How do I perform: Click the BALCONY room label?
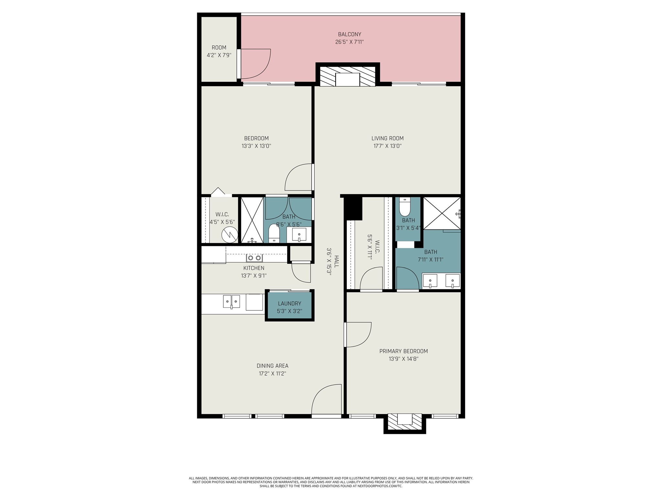tap(349, 34)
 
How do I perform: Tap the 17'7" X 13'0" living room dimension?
tap(387, 146)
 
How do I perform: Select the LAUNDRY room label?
tap(289, 304)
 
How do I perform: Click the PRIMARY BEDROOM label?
tap(403, 351)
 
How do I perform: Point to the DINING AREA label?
tap(272, 366)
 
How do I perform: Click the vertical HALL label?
tap(336, 261)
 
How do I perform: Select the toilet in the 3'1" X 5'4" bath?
tap(405, 207)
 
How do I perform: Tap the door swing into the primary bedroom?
tap(358, 335)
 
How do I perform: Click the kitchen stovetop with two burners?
tap(254, 258)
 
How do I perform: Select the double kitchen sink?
tap(231, 302)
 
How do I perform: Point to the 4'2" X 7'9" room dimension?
tap(219, 55)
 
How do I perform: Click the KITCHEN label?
tap(254, 268)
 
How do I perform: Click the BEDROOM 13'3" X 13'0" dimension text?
tap(256, 146)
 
